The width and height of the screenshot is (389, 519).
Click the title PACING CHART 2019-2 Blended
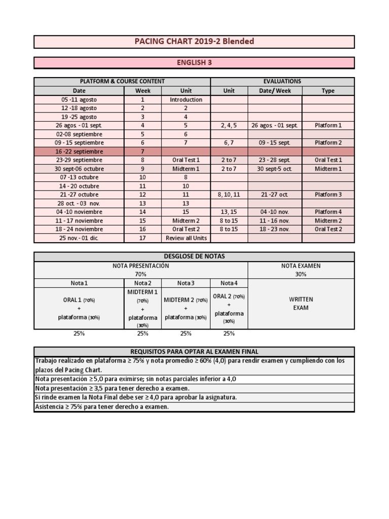pyautogui.click(x=194, y=41)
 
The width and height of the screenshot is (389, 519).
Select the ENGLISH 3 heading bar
pyautogui.click(x=194, y=62)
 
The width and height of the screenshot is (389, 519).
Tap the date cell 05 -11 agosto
pyautogui.click(x=79, y=100)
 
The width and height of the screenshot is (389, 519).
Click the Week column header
pyautogui.click(x=143, y=91)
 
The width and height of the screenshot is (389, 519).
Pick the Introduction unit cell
pyautogui.click(x=186, y=100)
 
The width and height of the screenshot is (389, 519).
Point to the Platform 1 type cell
pyautogui.click(x=328, y=125)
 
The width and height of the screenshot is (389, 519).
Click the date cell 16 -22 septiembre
pyautogui.click(x=79, y=152)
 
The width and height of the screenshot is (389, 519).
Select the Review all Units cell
pyautogui.click(x=186, y=238)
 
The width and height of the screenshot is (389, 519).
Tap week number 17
pyautogui.click(x=143, y=238)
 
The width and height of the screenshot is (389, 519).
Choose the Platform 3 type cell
pyautogui.click(x=328, y=195)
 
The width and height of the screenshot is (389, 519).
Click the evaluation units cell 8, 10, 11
pyautogui.click(x=229, y=195)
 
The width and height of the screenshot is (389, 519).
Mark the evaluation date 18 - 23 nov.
pyautogui.click(x=275, y=229)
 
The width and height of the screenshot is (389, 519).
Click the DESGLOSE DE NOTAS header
pyautogui.click(x=194, y=256)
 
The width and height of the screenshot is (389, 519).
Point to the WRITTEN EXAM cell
pyautogui.click(x=301, y=304)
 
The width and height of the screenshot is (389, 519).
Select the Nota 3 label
pyautogui.click(x=186, y=283)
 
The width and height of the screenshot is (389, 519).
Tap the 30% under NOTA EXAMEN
pyautogui.click(x=301, y=274)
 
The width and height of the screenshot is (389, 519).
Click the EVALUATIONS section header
pyautogui.click(x=282, y=81)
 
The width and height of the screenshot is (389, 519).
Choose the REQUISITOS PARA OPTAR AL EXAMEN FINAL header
pyautogui.click(x=194, y=352)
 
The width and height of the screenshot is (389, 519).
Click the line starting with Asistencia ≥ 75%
pyautogui.click(x=101, y=406)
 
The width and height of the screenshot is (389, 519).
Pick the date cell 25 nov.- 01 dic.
pyautogui.click(x=79, y=238)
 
